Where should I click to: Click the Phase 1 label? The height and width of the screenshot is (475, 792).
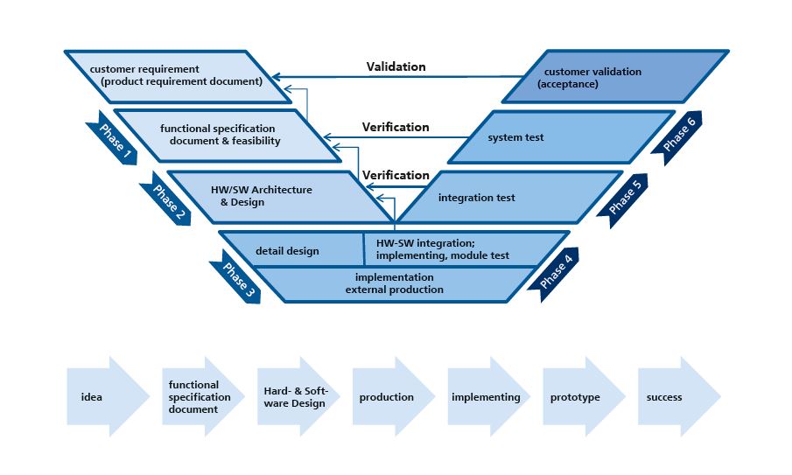click(113, 138)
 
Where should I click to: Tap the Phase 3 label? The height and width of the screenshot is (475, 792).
click(235, 279)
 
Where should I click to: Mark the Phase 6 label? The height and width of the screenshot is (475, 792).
click(678, 135)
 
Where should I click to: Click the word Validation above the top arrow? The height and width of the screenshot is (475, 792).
click(396, 66)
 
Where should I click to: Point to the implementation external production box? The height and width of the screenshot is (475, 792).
click(394, 283)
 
